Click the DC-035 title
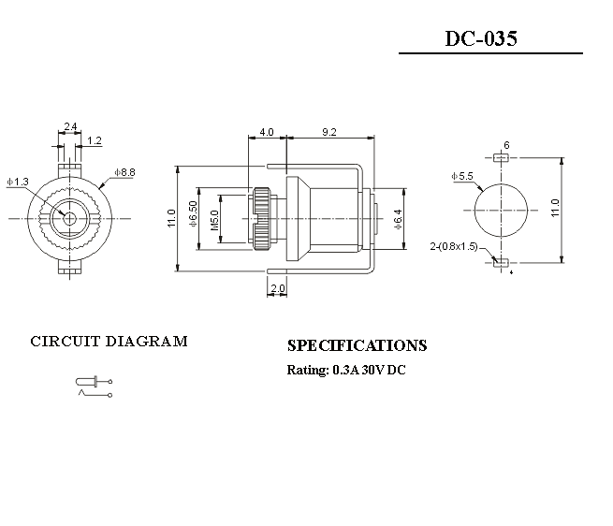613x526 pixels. (x=480, y=39)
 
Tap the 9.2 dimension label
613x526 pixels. (x=328, y=133)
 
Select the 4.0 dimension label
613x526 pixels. (x=267, y=133)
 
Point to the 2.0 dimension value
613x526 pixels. (x=277, y=289)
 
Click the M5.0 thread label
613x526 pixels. (x=214, y=220)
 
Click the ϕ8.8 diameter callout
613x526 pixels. (x=124, y=172)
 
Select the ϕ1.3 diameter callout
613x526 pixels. (x=17, y=181)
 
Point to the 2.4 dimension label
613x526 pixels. (x=70, y=125)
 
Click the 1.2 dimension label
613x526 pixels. (x=95, y=141)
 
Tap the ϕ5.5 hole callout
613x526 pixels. (x=461, y=176)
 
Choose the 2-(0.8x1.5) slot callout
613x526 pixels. (x=454, y=246)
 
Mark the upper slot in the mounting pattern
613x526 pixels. (x=501, y=158)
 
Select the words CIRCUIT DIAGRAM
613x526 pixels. (x=109, y=341)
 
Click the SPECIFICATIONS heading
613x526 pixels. (x=357, y=345)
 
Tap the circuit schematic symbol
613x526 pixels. (x=93, y=387)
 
